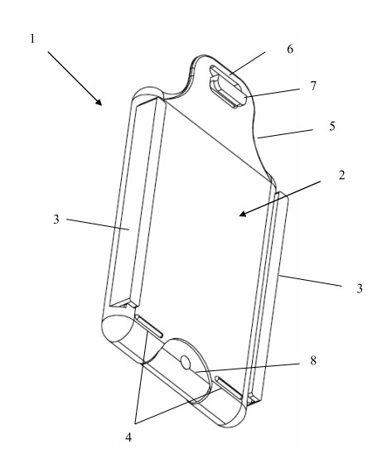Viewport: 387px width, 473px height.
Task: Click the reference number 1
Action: (x=32, y=39)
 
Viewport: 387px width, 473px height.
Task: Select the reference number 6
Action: (x=290, y=49)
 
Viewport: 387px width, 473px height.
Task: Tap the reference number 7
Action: (x=313, y=86)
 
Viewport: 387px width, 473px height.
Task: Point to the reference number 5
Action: (x=332, y=126)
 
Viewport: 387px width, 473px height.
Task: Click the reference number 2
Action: (x=341, y=175)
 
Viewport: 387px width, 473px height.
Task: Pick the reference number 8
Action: (x=313, y=360)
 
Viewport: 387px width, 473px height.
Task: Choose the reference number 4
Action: (x=128, y=437)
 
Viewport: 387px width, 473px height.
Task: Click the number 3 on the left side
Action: (x=56, y=220)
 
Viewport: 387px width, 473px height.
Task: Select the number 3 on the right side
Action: (x=359, y=288)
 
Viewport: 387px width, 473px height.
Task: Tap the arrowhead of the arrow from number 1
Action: (x=99, y=102)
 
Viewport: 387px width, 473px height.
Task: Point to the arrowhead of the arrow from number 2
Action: (x=243, y=214)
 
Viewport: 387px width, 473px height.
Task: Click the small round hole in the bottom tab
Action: (x=185, y=362)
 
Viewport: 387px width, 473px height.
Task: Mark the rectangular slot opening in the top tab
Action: (x=229, y=86)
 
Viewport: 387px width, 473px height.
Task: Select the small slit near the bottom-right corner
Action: (x=228, y=388)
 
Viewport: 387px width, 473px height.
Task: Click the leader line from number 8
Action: (x=248, y=368)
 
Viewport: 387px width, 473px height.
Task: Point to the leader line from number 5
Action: (x=285, y=134)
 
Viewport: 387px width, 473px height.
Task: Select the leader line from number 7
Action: (x=273, y=93)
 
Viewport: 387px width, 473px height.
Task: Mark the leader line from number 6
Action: (x=247, y=63)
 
